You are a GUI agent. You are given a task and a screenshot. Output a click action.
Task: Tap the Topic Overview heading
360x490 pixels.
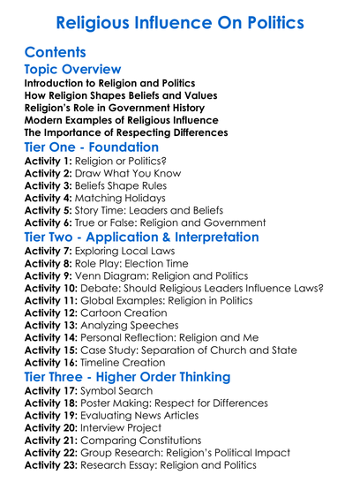point(73,69)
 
